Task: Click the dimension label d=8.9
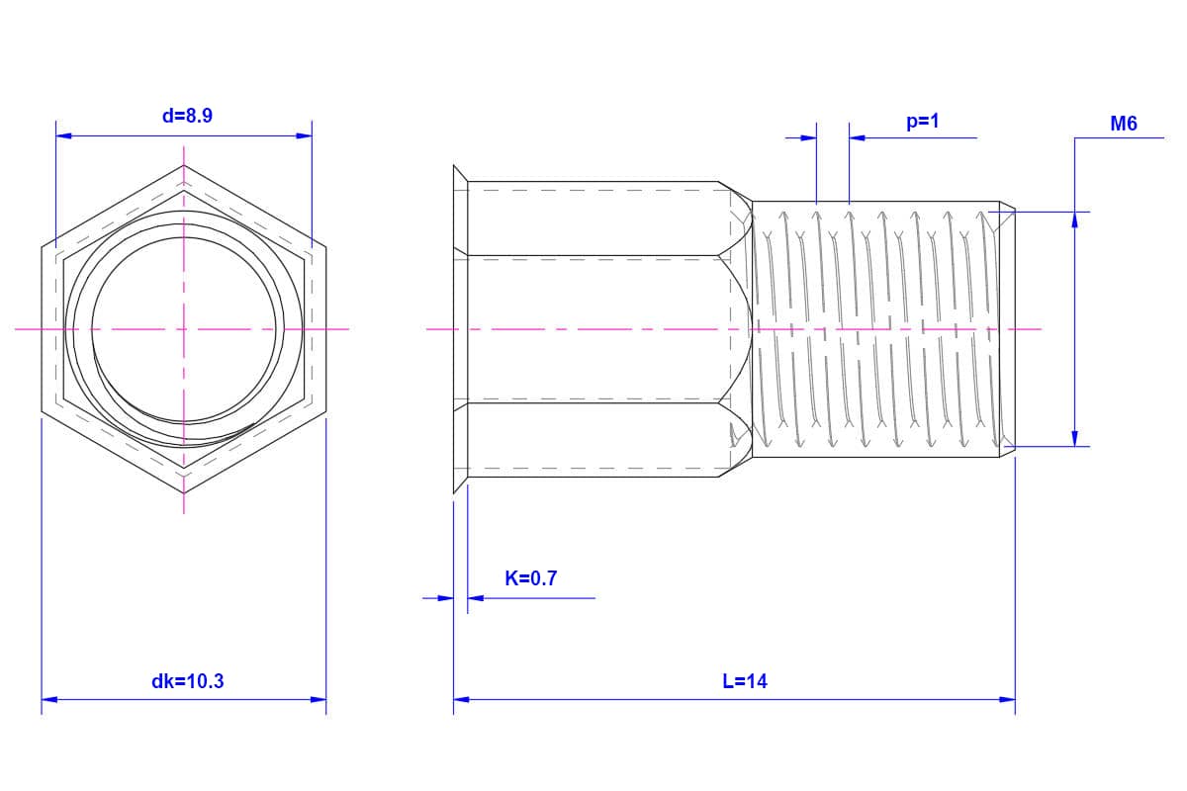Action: click(x=187, y=116)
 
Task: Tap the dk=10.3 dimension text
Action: click(x=188, y=681)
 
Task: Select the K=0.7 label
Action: click(x=531, y=578)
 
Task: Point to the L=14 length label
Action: click(x=745, y=681)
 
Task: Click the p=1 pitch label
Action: click(x=923, y=122)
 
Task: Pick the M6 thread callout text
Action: click(x=1124, y=124)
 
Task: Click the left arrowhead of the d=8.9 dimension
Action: click(x=63, y=136)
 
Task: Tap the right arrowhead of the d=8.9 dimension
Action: click(x=305, y=136)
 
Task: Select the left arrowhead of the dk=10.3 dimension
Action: click(x=49, y=699)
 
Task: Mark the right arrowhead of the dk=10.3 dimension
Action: click(x=318, y=699)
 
